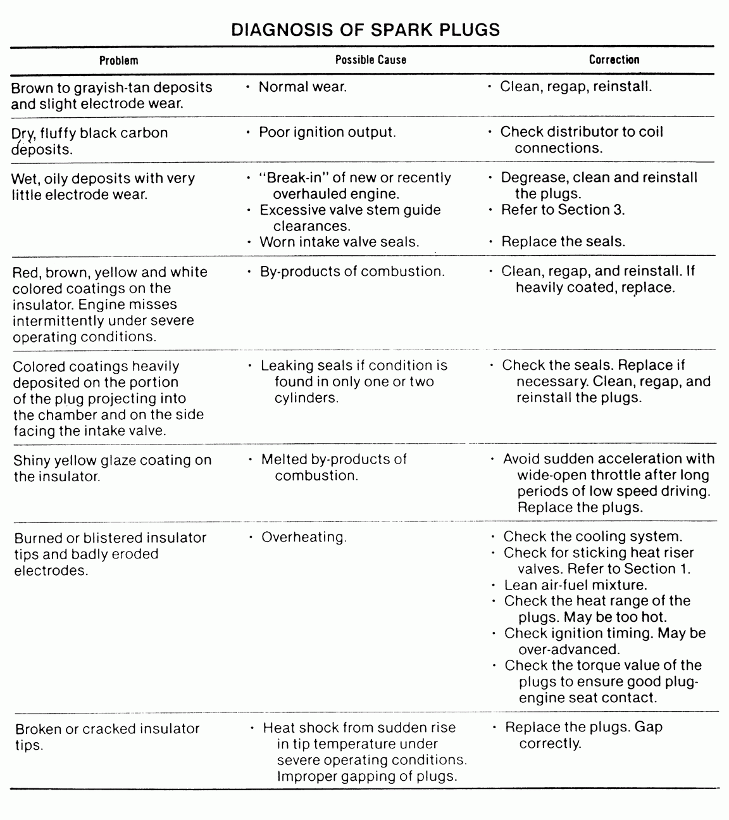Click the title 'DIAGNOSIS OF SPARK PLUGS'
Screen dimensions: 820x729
[x=365, y=30]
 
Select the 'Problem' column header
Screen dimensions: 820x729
[x=118, y=60]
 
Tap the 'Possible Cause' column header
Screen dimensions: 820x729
[x=370, y=60]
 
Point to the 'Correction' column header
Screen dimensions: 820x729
[x=614, y=60]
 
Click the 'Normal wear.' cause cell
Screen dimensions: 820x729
[x=302, y=87]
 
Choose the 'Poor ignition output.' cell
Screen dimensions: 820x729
[x=327, y=132]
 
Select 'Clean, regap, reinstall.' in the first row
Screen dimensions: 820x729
[x=575, y=86]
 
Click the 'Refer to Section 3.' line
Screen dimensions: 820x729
[x=563, y=210]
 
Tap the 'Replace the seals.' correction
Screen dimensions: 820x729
[x=563, y=241]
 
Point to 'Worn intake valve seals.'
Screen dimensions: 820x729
[x=339, y=242]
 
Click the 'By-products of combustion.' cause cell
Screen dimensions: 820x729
[x=352, y=272]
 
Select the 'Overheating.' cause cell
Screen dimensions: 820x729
[x=304, y=538]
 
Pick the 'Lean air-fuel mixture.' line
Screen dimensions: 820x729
[x=575, y=585]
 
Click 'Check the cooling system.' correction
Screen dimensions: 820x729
[x=592, y=537]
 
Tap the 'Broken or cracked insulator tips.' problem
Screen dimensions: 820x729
[x=107, y=736]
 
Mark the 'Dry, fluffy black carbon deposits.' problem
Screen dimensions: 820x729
[x=89, y=141]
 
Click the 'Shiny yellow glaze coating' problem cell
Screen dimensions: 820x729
[x=112, y=468]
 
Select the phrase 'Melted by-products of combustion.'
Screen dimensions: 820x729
[x=333, y=467]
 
